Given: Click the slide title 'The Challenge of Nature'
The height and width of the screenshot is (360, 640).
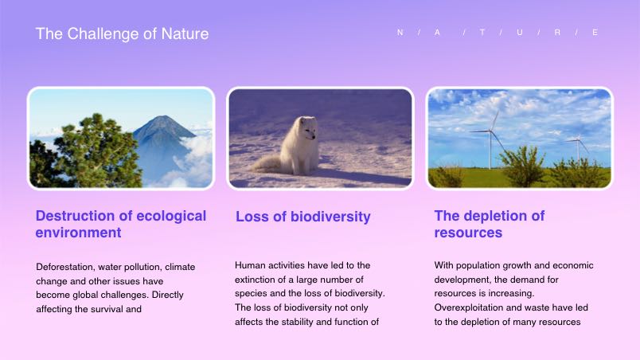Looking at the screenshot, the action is coord(122,33).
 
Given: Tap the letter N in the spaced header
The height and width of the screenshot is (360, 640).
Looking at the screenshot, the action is coord(400,32).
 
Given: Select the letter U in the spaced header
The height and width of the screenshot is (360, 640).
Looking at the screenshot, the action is coord(520,32).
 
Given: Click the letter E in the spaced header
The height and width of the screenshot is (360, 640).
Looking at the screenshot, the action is coord(595,32).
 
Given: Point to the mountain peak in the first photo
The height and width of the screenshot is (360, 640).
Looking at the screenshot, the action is coord(163,118).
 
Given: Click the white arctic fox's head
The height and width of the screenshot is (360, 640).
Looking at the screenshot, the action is coord(307,127).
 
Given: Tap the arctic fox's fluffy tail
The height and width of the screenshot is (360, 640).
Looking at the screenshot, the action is coord(267,164).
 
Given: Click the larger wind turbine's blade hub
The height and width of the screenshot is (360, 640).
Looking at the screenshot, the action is coord(491,131).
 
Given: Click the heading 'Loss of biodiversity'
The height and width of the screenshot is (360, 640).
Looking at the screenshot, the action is coord(302,217).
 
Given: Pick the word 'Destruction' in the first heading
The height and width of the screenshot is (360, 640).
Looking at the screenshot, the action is coord(72,216).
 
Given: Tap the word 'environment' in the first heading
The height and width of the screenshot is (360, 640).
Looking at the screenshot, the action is coord(78,233).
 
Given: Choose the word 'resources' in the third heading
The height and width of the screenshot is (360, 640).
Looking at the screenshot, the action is coord(468,233).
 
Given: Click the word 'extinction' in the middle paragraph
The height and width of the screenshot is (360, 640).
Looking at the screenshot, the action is coord(255,280).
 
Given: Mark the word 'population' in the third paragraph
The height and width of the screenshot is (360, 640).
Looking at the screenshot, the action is coord(476,266).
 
